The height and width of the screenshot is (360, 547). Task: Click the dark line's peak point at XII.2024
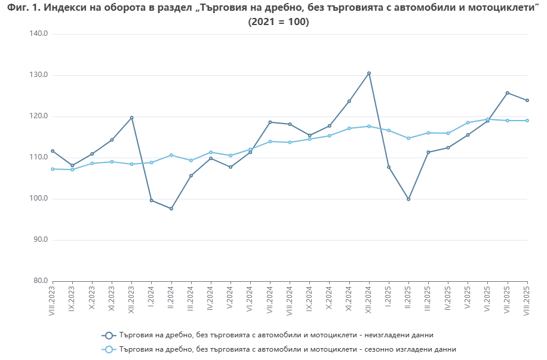(x=369, y=73)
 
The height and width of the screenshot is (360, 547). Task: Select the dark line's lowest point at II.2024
(x=171, y=208)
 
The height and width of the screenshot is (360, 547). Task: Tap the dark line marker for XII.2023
(x=132, y=118)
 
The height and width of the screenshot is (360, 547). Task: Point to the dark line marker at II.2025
(x=408, y=199)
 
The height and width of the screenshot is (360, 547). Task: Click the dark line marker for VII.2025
(x=508, y=93)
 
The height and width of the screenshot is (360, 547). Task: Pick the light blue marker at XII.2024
(x=369, y=126)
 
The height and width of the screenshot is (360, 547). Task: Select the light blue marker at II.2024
(x=171, y=155)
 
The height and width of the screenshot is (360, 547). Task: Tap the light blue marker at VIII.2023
(x=53, y=169)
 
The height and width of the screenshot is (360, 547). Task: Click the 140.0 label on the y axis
(x=38, y=34)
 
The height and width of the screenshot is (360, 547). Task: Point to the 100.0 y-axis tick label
(x=38, y=199)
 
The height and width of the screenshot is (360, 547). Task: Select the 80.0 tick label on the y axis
(x=39, y=281)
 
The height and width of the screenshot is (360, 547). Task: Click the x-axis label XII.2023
(x=132, y=299)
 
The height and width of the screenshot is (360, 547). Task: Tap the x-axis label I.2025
(x=389, y=296)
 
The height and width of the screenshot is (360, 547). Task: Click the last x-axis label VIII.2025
(x=527, y=300)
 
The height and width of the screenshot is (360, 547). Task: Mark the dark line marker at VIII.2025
(x=527, y=100)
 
